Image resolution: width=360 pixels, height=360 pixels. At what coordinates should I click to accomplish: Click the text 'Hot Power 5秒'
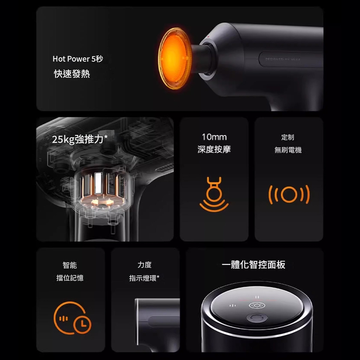tap(78, 59)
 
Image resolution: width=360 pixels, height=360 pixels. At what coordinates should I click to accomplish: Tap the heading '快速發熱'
tap(72, 74)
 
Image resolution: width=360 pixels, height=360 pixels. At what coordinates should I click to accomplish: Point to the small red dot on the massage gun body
tap(208, 36)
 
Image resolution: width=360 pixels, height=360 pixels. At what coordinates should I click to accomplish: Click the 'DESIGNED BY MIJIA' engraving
tap(283, 59)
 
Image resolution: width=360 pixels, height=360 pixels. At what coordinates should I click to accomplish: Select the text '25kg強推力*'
tap(80, 139)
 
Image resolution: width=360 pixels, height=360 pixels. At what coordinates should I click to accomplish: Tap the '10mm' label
tap(214, 137)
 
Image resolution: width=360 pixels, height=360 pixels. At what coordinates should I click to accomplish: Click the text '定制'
tap(288, 137)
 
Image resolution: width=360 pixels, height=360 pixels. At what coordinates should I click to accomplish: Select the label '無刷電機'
tap(288, 150)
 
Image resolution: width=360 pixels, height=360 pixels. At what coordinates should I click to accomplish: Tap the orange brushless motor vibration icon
tap(289, 194)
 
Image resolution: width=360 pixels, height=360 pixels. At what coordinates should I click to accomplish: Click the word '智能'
tap(70, 265)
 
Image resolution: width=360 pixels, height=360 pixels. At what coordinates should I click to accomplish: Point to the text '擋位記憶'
tap(70, 278)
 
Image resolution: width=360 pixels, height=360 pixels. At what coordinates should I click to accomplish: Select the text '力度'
tap(145, 265)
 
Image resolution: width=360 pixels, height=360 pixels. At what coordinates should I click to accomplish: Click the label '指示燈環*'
tap(144, 278)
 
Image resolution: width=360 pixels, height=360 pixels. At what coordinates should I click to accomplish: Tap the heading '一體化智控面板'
tap(254, 265)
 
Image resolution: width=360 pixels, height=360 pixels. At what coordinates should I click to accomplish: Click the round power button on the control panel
tap(257, 318)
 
